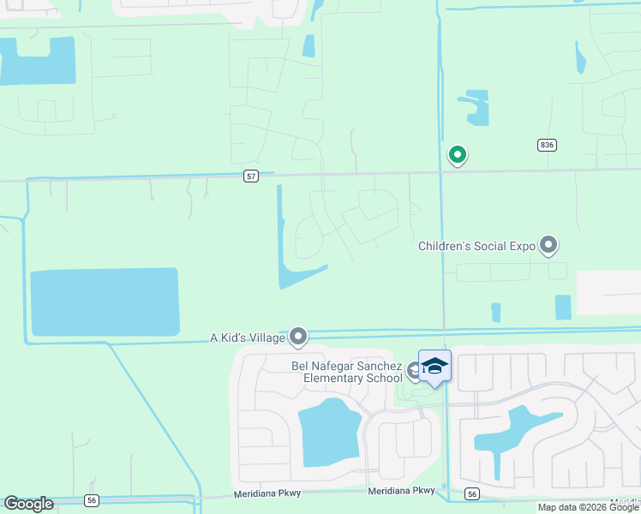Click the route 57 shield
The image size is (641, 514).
pyautogui.click(x=250, y=176)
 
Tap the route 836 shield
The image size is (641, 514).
pyautogui.click(x=547, y=145)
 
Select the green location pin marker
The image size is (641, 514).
pyautogui.click(x=458, y=155)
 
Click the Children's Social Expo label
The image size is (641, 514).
pyautogui.click(x=476, y=247)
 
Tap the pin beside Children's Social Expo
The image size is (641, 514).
pyautogui.click(x=548, y=246)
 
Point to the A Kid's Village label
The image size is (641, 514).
pyautogui.click(x=247, y=338)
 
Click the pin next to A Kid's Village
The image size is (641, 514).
pyautogui.click(x=298, y=337)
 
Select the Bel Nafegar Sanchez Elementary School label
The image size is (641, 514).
pyautogui.click(x=346, y=373)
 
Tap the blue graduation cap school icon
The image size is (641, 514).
pyautogui.click(x=434, y=366)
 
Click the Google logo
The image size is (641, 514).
pyautogui.click(x=28, y=504)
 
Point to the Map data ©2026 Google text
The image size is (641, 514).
pyautogui.click(x=587, y=507)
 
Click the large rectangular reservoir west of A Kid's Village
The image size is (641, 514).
pyautogui.click(x=105, y=302)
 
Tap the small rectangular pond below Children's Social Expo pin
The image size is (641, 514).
pyautogui.click(x=563, y=307)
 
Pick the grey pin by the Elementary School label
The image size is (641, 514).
pyautogui.click(x=414, y=371)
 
